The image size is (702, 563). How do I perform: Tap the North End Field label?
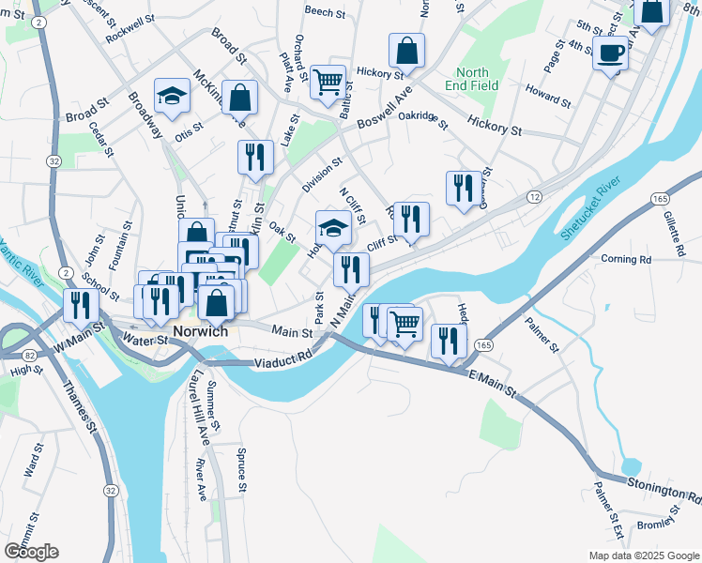pos(473,79)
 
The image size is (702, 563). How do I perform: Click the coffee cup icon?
pos(610,53)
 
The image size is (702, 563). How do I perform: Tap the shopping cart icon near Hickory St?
pos(328,82)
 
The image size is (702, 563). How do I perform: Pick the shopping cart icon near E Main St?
pos(404,324)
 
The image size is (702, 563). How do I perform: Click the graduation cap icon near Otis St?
pos(171,96)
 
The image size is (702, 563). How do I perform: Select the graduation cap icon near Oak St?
pos(332,227)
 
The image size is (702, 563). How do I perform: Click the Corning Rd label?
pos(625,259)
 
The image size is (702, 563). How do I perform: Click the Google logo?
pos(31,551)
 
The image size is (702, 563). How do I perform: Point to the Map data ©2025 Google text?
pos(643,555)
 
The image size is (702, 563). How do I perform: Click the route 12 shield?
pos(534,196)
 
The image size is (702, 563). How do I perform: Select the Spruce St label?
pos(241,468)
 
